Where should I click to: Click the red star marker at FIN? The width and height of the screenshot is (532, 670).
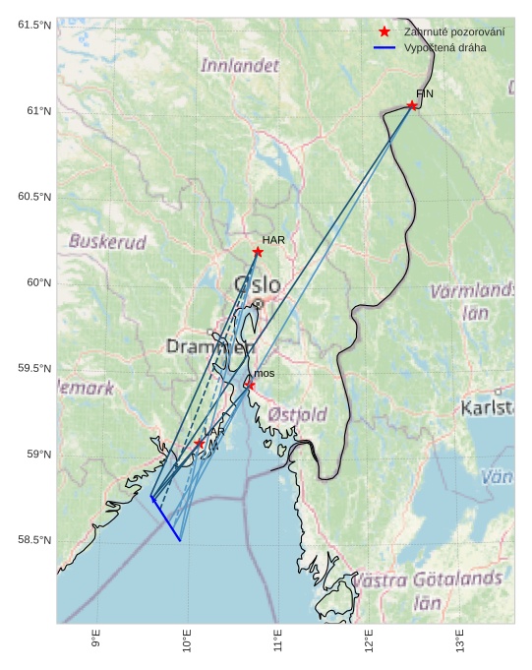pos(412,105)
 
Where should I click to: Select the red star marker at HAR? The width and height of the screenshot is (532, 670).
pos(258,252)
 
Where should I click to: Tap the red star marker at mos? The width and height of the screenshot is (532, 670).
pos(250,385)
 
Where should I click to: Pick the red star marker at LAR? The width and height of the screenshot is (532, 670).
pos(199,444)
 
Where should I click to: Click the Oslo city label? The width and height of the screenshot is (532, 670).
pos(258,285)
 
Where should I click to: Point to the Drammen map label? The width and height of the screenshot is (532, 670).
pos(210,347)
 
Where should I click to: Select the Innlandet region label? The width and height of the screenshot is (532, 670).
pos(240,66)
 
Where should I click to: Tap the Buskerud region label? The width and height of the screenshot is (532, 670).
pos(107,241)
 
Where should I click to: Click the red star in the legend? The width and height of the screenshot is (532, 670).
pos(384,32)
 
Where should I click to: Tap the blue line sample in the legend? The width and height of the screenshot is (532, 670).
pos(384,47)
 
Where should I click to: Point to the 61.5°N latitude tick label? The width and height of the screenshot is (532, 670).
pos(34,25)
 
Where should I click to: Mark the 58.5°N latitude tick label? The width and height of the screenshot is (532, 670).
pos(34,541)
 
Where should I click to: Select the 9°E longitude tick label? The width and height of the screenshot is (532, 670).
pos(96,641)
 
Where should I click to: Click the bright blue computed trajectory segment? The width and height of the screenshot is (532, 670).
pos(166,519)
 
